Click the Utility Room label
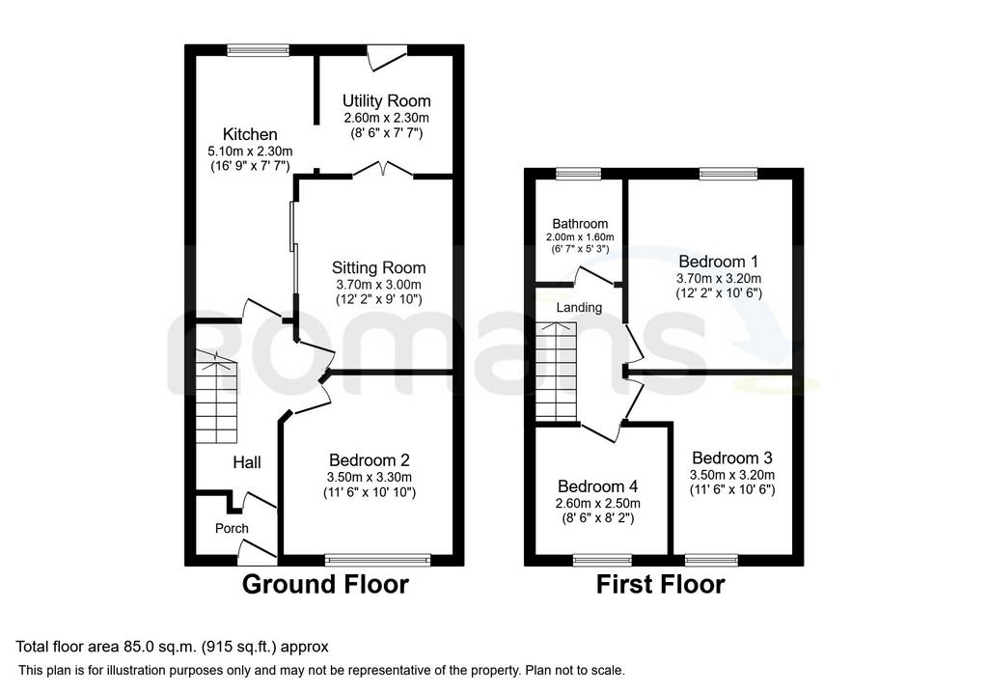tap(386, 100)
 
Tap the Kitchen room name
tap(250, 134)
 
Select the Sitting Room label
tap(378, 268)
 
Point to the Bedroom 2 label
tap(370, 460)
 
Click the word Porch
tap(232, 528)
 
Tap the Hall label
tap(247, 462)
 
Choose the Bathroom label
tap(580, 224)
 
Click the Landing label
tap(579, 308)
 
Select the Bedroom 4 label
tap(598, 486)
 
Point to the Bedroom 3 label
tap(732, 458)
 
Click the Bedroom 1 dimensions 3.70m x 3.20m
tap(719, 279)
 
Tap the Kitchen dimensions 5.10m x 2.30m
tap(250, 152)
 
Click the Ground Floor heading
tap(325, 584)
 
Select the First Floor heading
tap(660, 584)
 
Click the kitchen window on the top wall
tap(259, 50)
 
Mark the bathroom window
tap(579, 174)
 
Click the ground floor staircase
tap(217, 397)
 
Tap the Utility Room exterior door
tap(387, 57)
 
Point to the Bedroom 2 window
tap(378, 561)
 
